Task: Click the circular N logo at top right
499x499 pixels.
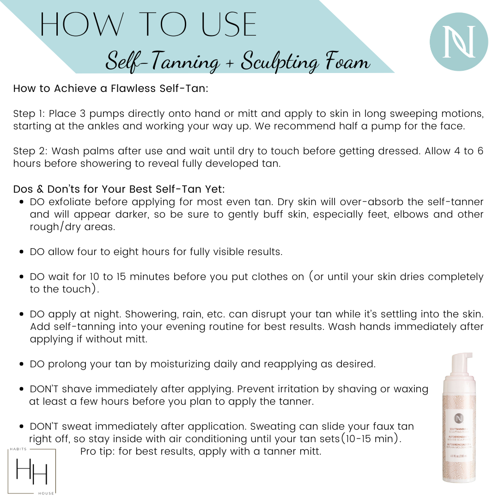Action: coord(459,42)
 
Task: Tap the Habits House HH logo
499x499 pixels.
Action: coord(31,471)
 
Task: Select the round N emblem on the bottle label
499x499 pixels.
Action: coord(459,418)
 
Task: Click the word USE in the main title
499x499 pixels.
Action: coord(229,24)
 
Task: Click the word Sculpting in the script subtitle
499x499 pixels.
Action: coord(280,62)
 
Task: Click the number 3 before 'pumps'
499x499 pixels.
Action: coord(83,114)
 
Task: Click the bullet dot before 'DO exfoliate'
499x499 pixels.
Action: coord(21,202)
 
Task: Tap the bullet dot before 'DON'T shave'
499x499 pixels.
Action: coord(21,389)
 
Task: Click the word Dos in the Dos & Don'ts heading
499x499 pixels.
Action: coord(23,189)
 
